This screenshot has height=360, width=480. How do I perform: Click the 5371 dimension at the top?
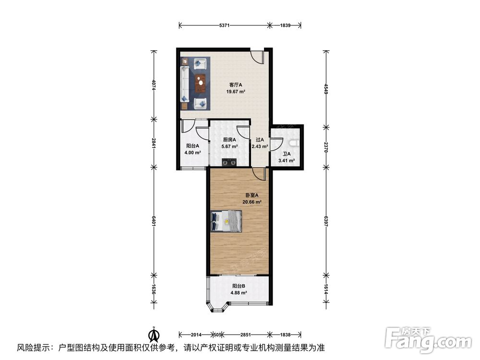coord(224,25)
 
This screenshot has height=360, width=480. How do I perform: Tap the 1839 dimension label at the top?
coord(285,25)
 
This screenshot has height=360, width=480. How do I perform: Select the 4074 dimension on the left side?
coord(154,85)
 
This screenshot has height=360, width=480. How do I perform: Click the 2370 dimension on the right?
coord(326,147)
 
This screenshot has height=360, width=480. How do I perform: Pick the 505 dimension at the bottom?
coord(217,335)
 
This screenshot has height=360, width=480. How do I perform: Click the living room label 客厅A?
coord(236,85)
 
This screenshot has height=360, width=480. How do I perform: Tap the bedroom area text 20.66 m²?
coord(252,202)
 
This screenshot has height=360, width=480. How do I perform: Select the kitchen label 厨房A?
coord(229,140)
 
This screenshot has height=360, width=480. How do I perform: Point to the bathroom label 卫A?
coord(287,154)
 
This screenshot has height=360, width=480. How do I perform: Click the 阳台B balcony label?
coord(239,286)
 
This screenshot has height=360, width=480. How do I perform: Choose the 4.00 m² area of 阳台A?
coord(192,153)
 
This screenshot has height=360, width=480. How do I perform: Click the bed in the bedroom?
coord(226,221)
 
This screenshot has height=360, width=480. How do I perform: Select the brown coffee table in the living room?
coord(201,83)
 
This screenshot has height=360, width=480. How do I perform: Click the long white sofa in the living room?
coord(184,83)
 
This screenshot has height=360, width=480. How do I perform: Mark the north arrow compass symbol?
coord(154,335)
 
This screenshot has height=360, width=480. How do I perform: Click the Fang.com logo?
coord(428,340)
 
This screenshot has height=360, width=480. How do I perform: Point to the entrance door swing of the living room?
coord(257,56)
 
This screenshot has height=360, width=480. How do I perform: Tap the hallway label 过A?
coord(260,140)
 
